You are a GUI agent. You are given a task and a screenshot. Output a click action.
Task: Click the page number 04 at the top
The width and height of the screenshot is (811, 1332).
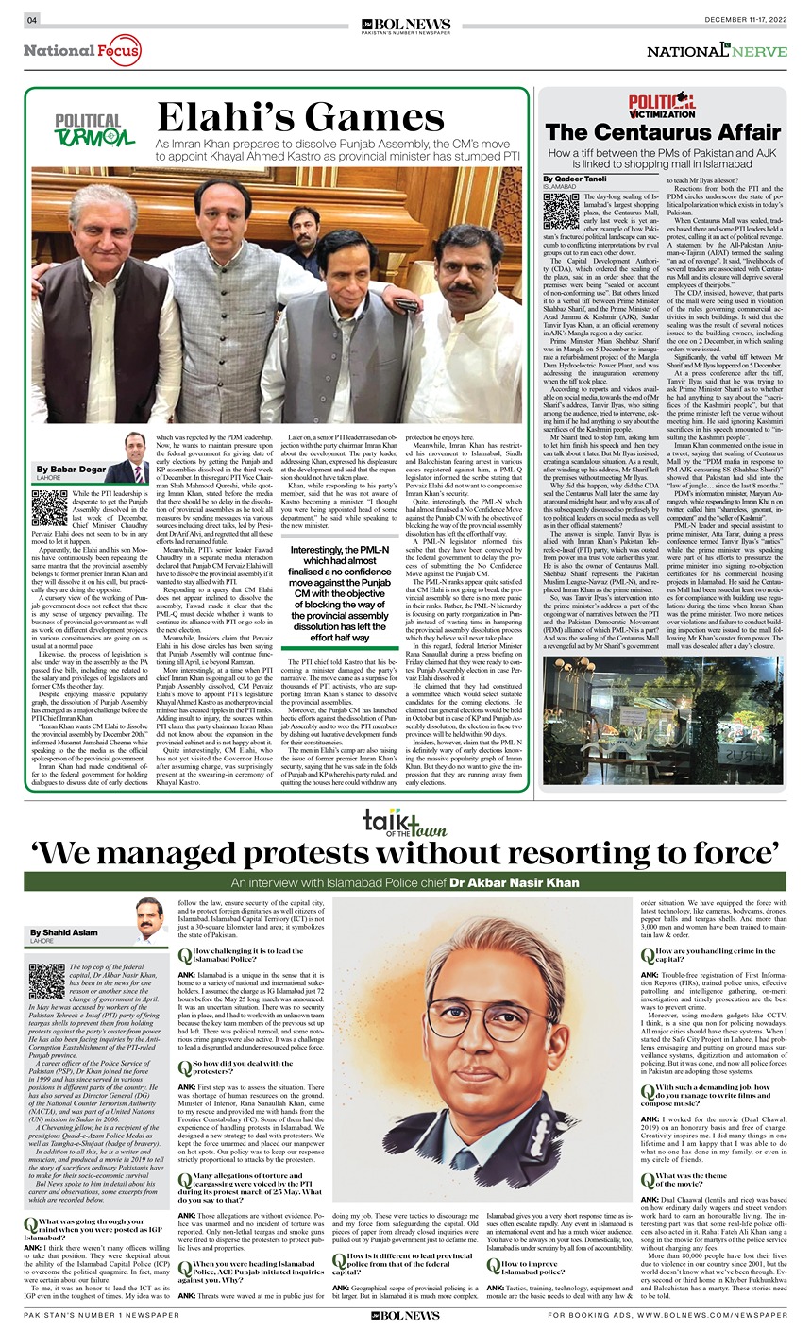pos(31,20)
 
